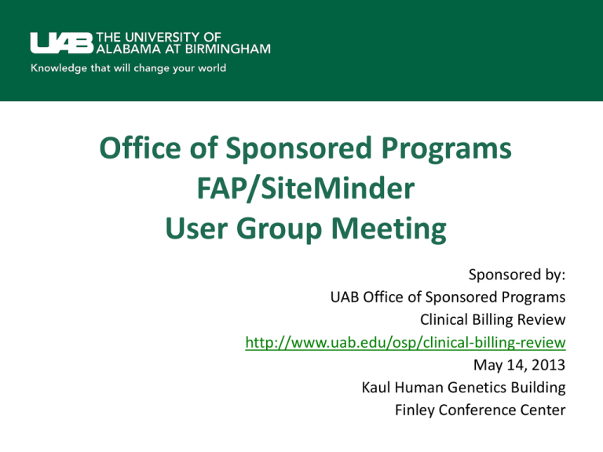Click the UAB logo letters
(x=62, y=42)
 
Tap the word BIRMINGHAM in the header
(x=228, y=49)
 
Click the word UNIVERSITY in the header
(x=163, y=37)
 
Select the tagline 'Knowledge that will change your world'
(x=129, y=68)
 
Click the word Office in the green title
(x=140, y=148)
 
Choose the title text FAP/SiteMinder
(x=305, y=188)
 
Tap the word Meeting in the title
(x=389, y=229)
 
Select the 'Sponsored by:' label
(x=517, y=275)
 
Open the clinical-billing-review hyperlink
(x=405, y=342)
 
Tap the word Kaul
(x=376, y=387)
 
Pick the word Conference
(x=477, y=410)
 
